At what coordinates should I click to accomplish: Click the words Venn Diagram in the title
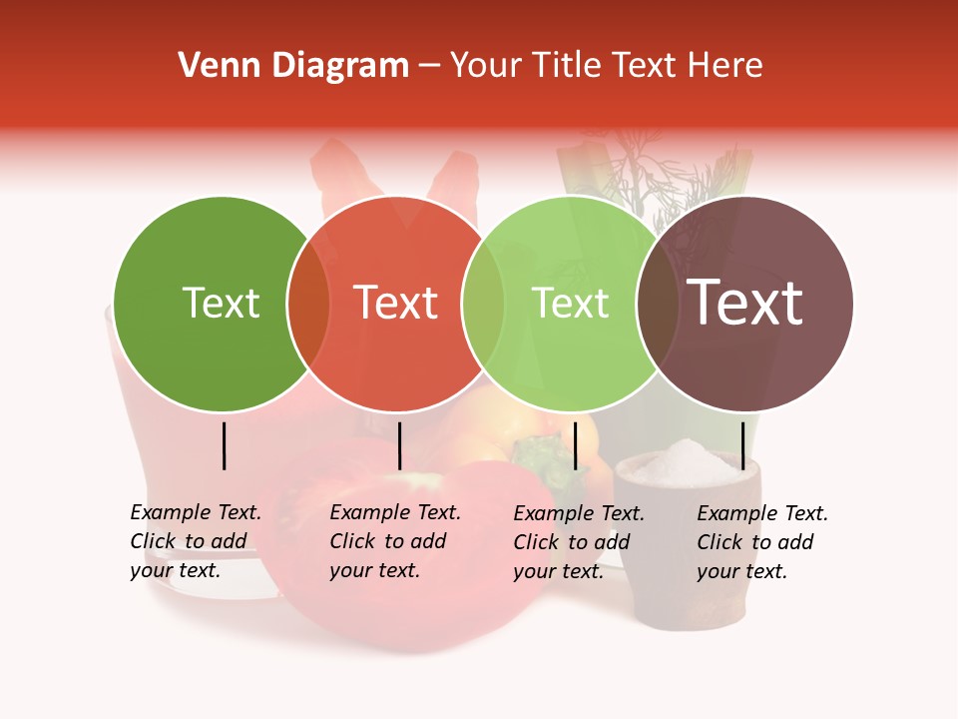click(x=293, y=66)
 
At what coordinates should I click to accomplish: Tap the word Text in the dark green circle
click(x=221, y=303)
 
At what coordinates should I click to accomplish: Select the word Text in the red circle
click(x=396, y=303)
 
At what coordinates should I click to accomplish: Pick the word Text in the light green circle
click(x=571, y=303)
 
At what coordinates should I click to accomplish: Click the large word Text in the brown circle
click(x=745, y=303)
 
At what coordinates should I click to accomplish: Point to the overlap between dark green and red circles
click(x=308, y=304)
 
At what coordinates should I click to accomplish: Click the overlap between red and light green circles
click(x=483, y=304)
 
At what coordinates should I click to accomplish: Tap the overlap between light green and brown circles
click(x=658, y=304)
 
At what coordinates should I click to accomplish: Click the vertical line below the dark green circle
click(x=225, y=445)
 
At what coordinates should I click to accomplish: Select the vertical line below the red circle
click(x=399, y=445)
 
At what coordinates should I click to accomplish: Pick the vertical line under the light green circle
click(x=575, y=445)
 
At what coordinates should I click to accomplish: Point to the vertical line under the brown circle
click(x=742, y=445)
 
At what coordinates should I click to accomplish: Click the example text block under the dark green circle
click(x=196, y=541)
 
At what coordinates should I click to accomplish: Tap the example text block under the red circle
click(x=395, y=541)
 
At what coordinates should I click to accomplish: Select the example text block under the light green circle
click(x=579, y=542)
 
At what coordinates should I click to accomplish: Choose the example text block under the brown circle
click(x=762, y=542)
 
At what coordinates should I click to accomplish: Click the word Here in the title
click(x=727, y=66)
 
